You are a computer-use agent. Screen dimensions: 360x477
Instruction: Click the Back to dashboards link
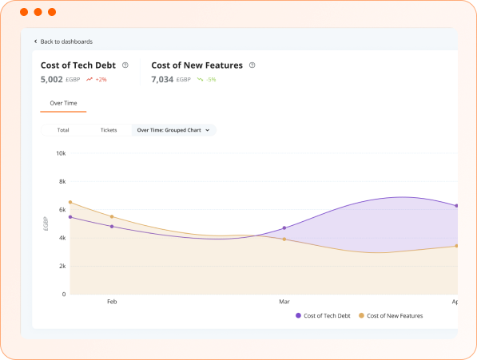(x=66, y=42)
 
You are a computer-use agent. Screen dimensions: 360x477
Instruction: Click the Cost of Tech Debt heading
(x=78, y=65)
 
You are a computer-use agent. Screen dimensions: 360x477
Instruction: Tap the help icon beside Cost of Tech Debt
(x=125, y=65)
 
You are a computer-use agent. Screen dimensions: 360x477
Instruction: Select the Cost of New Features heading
(x=197, y=65)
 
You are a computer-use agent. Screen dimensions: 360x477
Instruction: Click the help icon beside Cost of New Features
(x=252, y=65)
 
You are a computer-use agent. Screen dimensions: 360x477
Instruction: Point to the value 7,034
(x=162, y=80)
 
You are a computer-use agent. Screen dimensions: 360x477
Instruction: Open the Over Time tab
(x=63, y=103)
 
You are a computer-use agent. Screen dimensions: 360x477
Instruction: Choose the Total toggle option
(x=63, y=129)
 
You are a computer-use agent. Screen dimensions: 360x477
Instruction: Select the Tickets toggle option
(x=109, y=129)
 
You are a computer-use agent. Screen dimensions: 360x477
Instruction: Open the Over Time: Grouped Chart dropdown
(x=173, y=129)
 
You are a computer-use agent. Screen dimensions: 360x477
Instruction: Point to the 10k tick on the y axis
(x=61, y=153)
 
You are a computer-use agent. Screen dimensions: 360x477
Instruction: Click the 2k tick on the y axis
(x=62, y=266)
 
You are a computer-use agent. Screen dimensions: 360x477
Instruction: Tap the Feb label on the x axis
(x=112, y=302)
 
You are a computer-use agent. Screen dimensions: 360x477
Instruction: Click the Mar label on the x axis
(x=284, y=302)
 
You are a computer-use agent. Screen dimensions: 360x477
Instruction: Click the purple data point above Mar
(x=284, y=228)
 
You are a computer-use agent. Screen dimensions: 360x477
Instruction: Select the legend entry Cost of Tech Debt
(x=323, y=316)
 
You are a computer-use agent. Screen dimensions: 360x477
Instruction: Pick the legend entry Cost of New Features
(x=391, y=316)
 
